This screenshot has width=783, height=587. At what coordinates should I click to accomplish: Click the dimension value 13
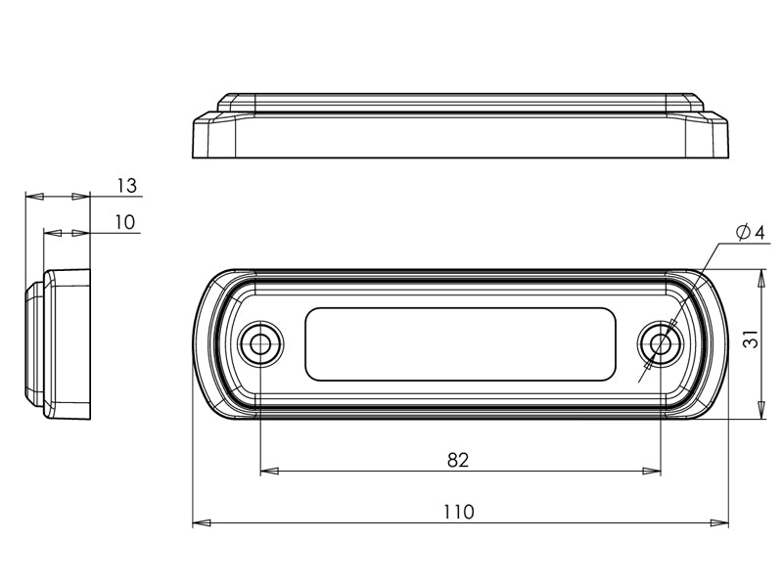coord(127,186)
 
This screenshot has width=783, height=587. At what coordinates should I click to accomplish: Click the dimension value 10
coord(125,222)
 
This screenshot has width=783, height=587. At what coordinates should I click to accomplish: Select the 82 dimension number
coord(458,460)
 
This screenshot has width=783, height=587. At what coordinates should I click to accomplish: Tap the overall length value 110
coord(458,512)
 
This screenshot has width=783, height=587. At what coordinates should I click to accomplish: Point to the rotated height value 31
coord(751,339)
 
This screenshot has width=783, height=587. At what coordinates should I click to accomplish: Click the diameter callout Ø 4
coord(750,232)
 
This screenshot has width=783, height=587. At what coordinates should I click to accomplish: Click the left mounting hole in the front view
coord(260,343)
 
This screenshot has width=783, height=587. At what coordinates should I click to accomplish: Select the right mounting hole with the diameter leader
coord(661,343)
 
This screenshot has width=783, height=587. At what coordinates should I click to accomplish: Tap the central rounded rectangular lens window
coord(460,344)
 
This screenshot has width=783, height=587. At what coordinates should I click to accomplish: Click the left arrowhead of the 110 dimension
coord(202,523)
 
